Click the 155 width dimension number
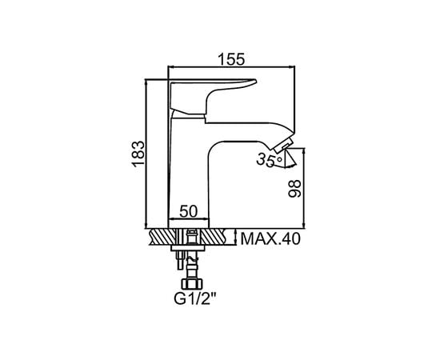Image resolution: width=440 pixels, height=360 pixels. click(x=231, y=59)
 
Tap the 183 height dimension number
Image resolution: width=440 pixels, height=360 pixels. click(x=139, y=154)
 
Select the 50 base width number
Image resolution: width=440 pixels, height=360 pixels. click(x=189, y=211)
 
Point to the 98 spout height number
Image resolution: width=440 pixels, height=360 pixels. click(x=294, y=189)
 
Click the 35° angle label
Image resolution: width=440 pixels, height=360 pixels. click(x=269, y=160)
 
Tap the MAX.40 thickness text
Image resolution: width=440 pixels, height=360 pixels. click(x=270, y=239)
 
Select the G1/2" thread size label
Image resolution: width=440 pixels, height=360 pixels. click(x=195, y=299)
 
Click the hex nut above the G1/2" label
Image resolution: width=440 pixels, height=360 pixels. click(x=192, y=284)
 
